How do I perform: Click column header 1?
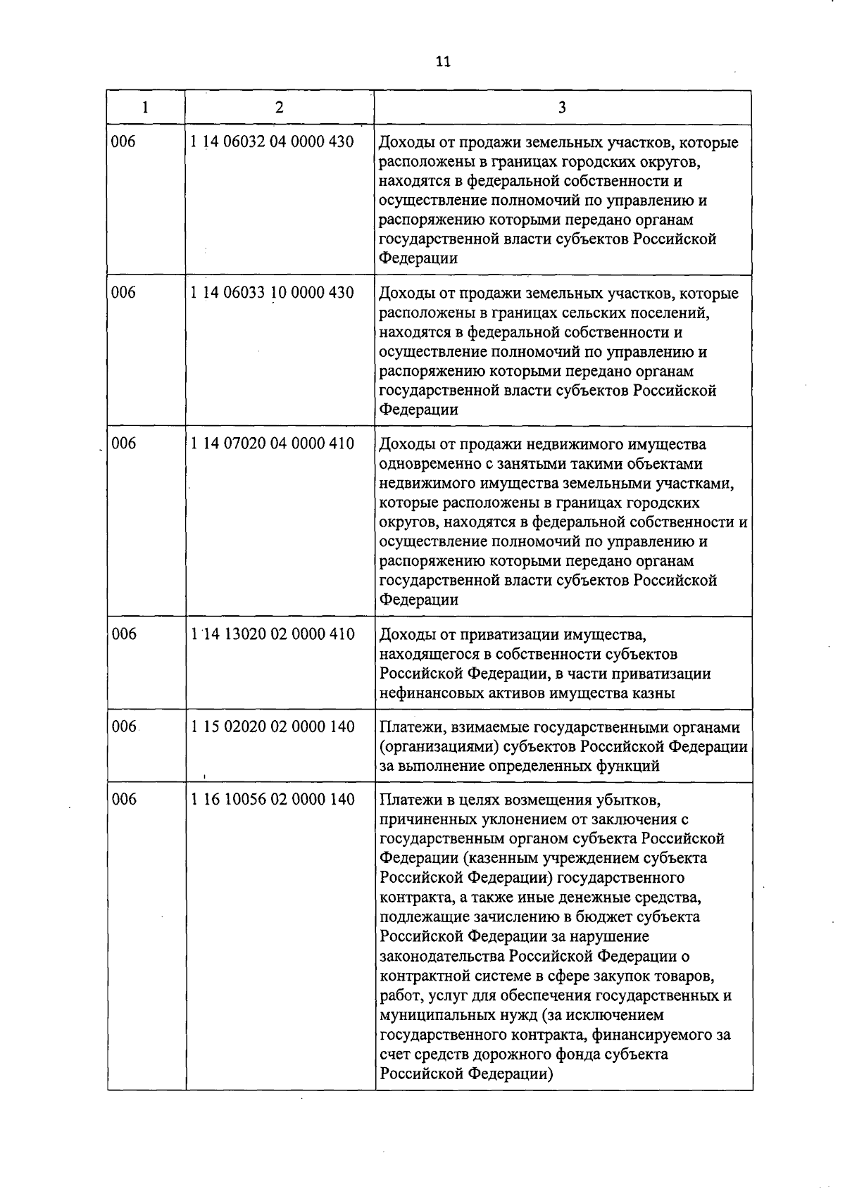[145, 108]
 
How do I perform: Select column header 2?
[280, 108]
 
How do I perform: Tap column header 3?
[562, 108]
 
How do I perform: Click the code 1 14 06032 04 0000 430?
[272, 141]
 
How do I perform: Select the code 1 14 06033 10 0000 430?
[272, 292]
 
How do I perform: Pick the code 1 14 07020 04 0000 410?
[272, 443]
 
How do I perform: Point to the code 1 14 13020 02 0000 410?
[272, 634]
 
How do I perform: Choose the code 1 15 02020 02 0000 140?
[272, 726]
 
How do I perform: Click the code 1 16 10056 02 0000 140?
[272, 800]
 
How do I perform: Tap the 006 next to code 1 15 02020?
[123, 726]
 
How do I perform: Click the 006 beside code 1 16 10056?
[123, 800]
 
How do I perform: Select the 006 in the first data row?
[123, 141]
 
